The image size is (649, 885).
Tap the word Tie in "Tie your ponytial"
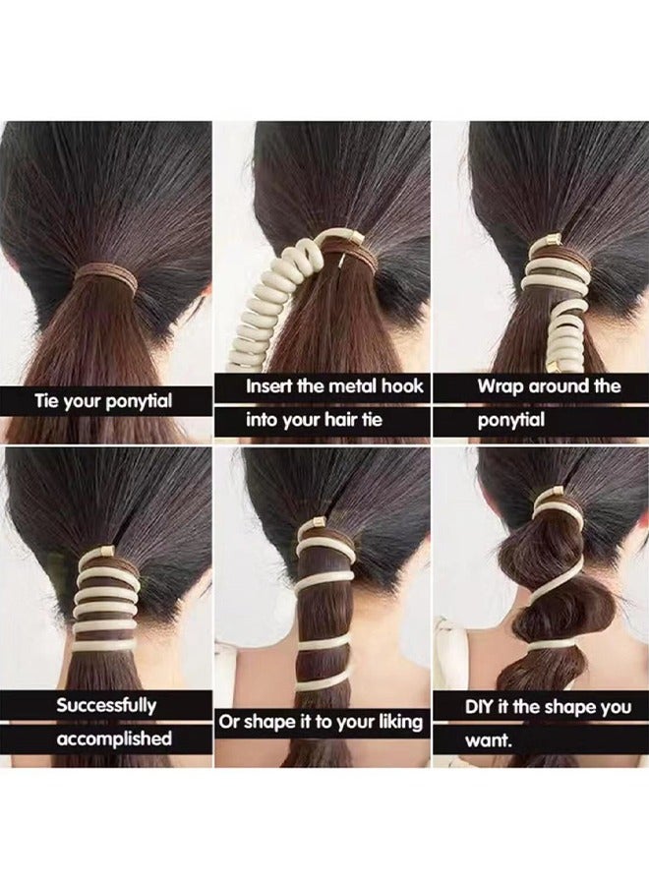(49, 401)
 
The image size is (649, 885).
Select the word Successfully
(106, 705)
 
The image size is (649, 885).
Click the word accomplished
(113, 738)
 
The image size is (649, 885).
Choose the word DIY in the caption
(482, 707)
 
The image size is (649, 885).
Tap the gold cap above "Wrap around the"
(552, 242)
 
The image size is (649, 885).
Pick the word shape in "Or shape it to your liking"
(267, 722)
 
